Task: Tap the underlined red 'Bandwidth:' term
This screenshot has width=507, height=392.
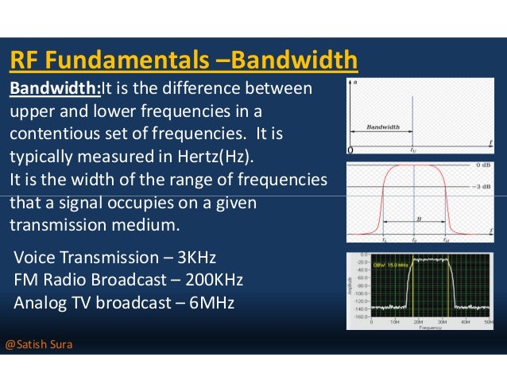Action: tap(48, 87)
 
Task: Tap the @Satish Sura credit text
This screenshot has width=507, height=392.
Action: tap(39, 345)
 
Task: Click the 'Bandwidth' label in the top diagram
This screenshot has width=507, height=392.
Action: tap(383, 127)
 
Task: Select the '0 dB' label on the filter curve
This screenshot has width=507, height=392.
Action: tap(484, 165)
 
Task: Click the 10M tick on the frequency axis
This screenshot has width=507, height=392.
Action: tap(393, 322)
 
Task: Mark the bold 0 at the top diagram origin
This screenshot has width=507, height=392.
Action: tap(351, 149)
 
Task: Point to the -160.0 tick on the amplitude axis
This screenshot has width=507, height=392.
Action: tap(363, 316)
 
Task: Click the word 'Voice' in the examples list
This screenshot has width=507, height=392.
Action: tap(37, 258)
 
